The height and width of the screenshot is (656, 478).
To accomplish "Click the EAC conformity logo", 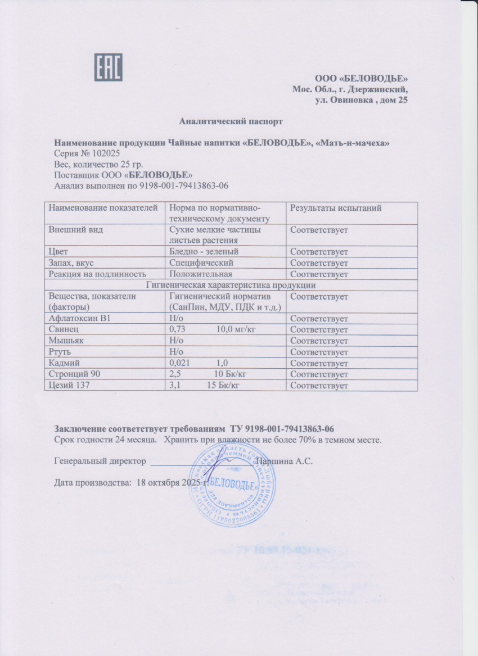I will [x=108, y=67].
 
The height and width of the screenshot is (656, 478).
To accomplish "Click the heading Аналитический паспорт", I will [x=231, y=121].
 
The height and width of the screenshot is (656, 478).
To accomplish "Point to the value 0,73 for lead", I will [x=177, y=330].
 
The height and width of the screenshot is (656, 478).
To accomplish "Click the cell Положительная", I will [x=201, y=274].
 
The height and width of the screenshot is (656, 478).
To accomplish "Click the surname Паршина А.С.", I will [x=283, y=462].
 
